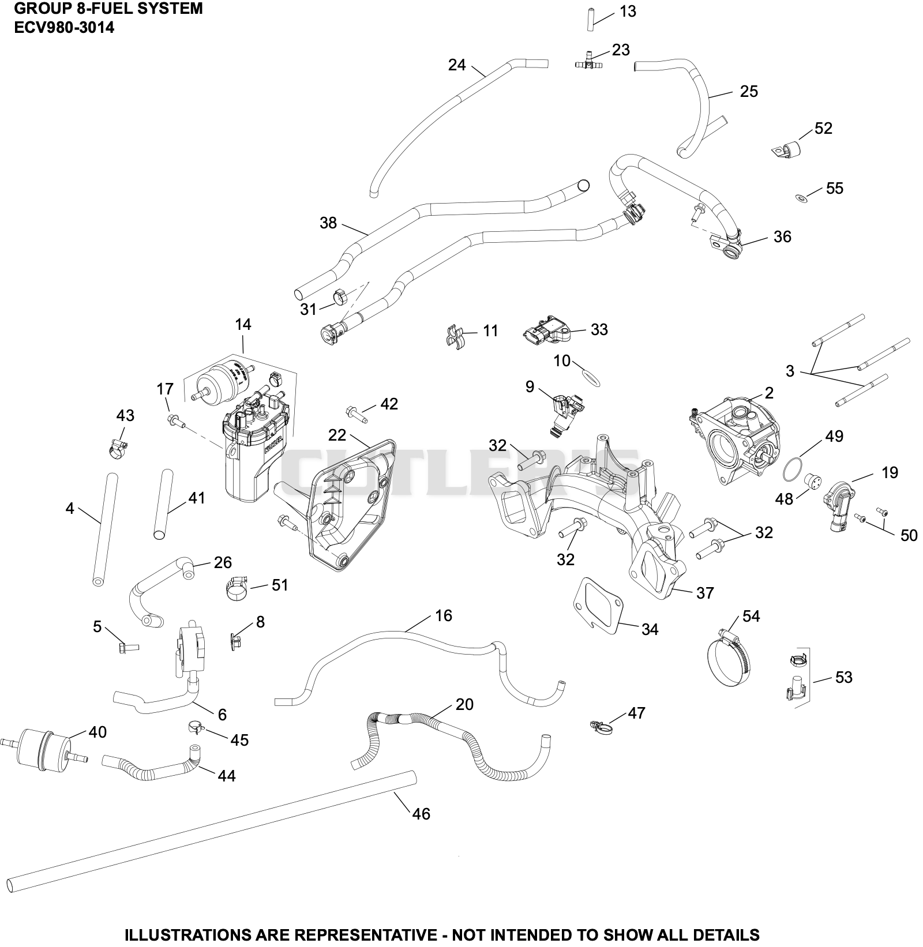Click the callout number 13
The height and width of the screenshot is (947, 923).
pyautogui.click(x=628, y=12)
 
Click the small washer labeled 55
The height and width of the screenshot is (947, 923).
pyautogui.click(x=801, y=198)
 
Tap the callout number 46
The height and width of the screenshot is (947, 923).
pyautogui.click(x=421, y=814)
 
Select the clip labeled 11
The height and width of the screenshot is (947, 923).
pyautogui.click(x=456, y=335)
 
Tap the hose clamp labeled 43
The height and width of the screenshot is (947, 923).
pyautogui.click(x=116, y=446)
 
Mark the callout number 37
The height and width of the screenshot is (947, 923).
pyautogui.click(x=705, y=593)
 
